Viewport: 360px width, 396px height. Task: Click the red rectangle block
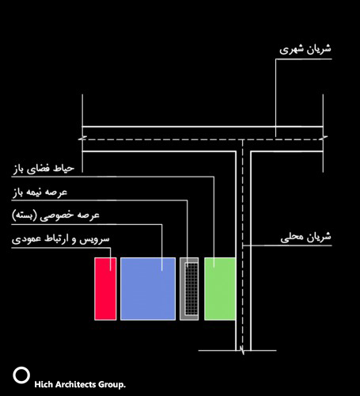tap(105, 289)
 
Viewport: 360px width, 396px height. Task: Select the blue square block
tap(148, 289)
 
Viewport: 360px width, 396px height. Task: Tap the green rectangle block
tap(220, 289)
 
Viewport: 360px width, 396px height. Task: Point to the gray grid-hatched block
tap(189, 289)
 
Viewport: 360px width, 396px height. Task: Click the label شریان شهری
tap(305, 49)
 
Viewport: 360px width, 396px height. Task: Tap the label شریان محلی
tap(305, 237)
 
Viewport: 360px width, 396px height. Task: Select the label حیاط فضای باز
tap(44, 169)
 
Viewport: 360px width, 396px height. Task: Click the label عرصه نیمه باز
tap(40, 192)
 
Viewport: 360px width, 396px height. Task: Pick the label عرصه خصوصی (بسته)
tap(55, 215)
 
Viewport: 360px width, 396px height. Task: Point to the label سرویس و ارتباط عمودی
tap(60, 239)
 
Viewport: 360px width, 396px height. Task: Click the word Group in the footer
tap(111, 385)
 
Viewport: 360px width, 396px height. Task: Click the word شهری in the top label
tap(290, 50)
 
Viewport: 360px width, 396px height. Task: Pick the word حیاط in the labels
tap(64, 169)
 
